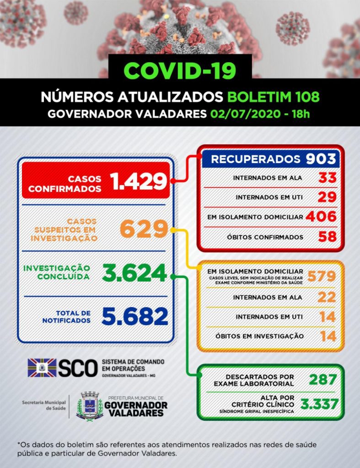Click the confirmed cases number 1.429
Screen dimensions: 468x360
click(138, 181)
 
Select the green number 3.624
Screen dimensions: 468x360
click(134, 273)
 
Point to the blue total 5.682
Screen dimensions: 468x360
click(135, 316)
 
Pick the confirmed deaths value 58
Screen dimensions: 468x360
click(328, 237)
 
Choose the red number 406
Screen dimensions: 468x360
click(322, 217)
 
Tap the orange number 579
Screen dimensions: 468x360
click(322, 276)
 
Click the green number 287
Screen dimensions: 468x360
click(323, 379)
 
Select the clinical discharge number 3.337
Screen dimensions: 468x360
click(319, 404)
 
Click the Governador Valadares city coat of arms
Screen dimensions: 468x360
click(89, 404)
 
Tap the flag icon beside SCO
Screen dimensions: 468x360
click(42, 368)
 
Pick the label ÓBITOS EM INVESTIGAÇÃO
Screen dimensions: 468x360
click(259, 336)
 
